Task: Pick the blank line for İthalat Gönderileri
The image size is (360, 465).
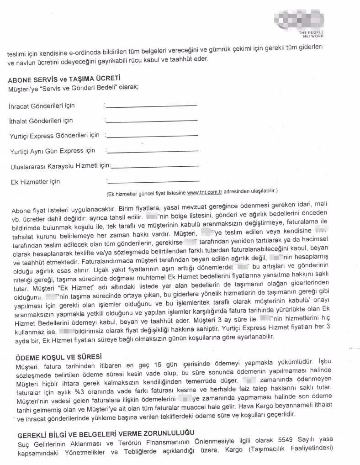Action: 152,121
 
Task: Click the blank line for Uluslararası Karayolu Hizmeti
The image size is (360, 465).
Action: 155,166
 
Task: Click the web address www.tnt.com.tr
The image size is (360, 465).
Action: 205,191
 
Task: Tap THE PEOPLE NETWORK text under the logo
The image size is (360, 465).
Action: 311,34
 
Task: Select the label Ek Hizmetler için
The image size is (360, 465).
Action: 35,182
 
